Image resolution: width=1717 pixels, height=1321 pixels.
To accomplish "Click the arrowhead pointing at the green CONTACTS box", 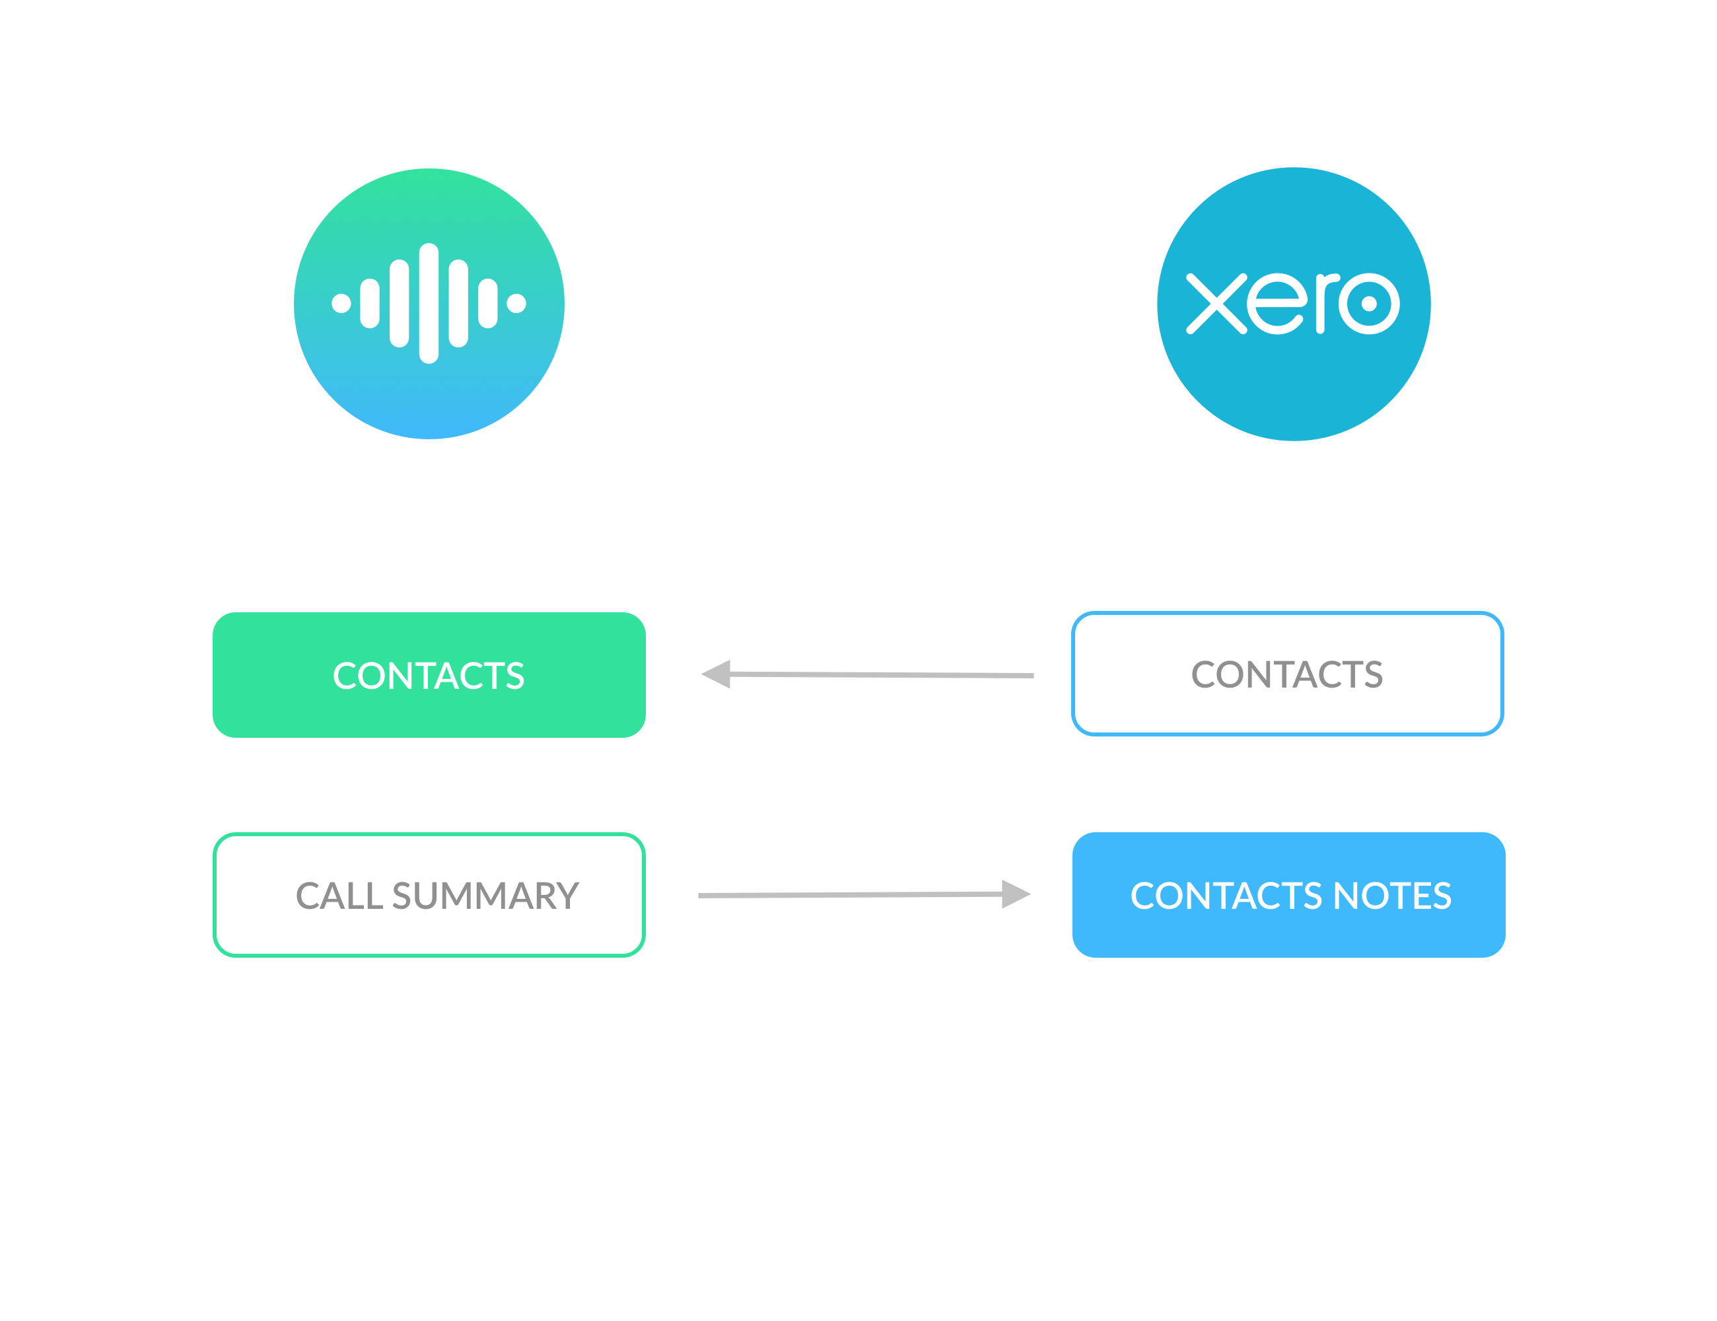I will point(717,674).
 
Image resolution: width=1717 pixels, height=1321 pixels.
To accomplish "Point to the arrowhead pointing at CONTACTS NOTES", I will point(1015,894).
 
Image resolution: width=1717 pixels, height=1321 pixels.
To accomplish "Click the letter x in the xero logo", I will point(1216,304).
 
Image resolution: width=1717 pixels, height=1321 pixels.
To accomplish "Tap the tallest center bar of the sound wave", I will point(429,304).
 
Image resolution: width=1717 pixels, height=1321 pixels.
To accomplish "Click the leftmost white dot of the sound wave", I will point(341,304).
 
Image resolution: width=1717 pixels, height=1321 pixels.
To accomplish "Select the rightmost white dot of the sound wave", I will point(516,304).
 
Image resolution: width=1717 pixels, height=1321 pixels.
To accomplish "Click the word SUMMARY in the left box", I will point(485,896).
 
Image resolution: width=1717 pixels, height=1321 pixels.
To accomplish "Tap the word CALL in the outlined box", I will point(339,896).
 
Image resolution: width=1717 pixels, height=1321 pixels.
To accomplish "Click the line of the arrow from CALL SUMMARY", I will point(849,895).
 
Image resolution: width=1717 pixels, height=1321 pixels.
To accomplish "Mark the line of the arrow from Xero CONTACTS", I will point(880,674).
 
